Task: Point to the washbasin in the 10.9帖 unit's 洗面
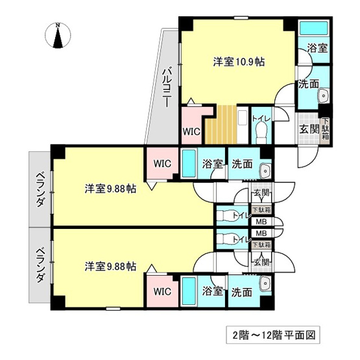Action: click(324, 96)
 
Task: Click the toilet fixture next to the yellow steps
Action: click(261, 132)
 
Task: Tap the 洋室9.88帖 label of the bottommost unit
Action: click(110, 266)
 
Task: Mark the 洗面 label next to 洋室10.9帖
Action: click(307, 84)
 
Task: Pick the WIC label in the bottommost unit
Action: click(162, 292)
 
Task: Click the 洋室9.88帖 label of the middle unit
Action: click(110, 189)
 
